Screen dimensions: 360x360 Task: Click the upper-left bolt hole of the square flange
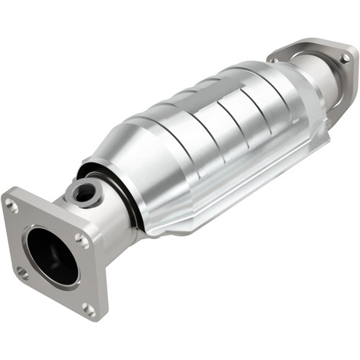coord(13,206)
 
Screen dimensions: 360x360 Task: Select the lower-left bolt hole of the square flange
coord(22,274)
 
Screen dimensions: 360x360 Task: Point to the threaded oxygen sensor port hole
coord(85,192)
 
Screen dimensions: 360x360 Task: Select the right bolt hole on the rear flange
coord(346,57)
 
